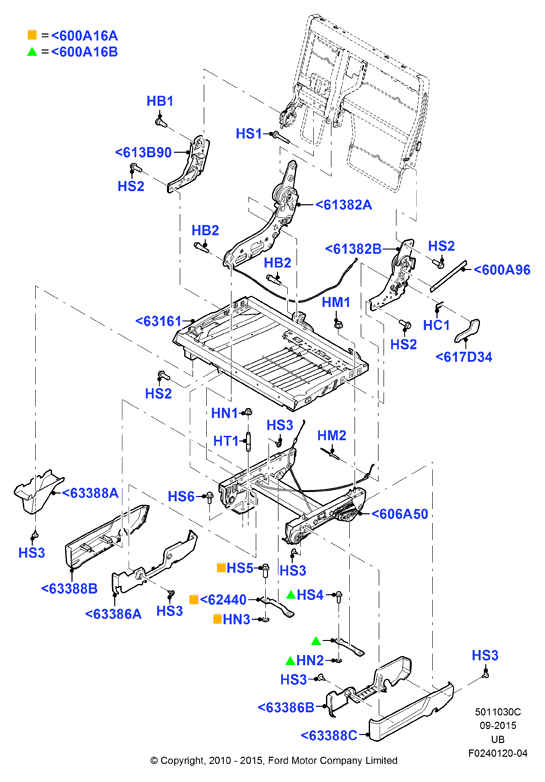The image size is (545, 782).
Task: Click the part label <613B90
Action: pos(144,153)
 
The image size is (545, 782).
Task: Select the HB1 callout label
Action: pos(160,101)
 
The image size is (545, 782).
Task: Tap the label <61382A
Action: pos(344,204)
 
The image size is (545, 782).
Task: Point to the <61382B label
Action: pos(354,249)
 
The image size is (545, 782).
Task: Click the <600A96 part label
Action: pos(502,270)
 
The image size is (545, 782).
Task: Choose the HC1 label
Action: pos(436,325)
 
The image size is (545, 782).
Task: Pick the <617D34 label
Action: pos(464,357)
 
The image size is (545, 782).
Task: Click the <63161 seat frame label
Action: pos(159,321)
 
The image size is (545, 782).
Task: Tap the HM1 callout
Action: pos(336,302)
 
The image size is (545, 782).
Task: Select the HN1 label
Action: pos(224,413)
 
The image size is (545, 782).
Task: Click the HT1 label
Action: pos(226,441)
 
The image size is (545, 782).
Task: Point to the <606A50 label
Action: pos(400,514)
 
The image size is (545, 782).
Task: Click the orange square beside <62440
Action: pos(194,599)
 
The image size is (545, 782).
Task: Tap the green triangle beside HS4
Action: pos(291,594)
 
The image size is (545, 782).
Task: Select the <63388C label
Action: pos(329,736)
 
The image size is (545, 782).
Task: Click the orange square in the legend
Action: pos(32,35)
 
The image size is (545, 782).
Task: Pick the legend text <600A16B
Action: pos(85,52)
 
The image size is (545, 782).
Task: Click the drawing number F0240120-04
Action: pos(498,754)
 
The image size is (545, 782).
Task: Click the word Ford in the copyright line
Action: pos(278,761)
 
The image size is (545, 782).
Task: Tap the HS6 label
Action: pos(181,497)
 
